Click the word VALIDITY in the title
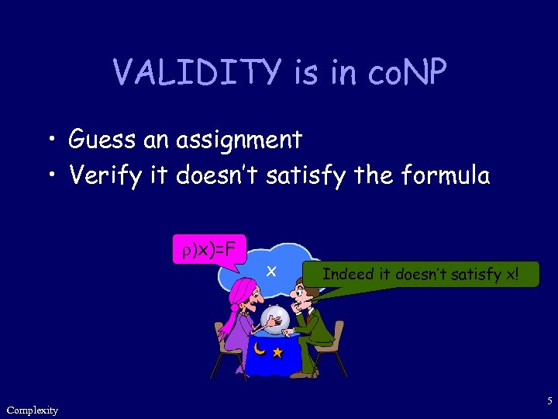pyautogui.click(x=198, y=74)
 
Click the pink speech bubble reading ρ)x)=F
pyautogui.click(x=209, y=250)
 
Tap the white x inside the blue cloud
pyautogui.click(x=271, y=271)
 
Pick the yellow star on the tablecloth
pyautogui.click(x=277, y=353)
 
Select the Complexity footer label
pyautogui.click(x=32, y=410)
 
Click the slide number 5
pyautogui.click(x=549, y=401)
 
